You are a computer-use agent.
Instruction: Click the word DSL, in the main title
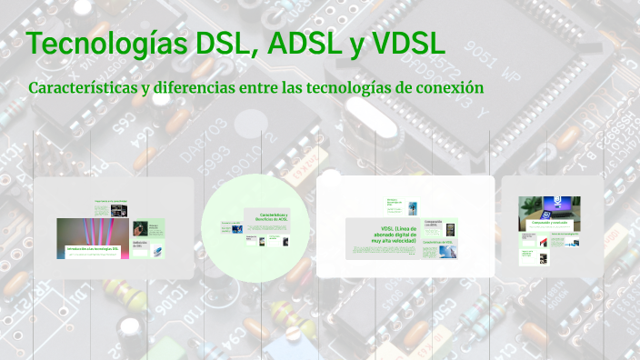pos(222,44)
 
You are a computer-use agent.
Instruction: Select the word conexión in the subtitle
pos(445,88)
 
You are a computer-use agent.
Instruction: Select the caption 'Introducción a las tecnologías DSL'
pos(93,248)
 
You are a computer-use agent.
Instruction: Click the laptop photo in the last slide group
pos(549,212)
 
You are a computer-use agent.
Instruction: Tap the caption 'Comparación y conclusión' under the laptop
pos(549,224)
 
